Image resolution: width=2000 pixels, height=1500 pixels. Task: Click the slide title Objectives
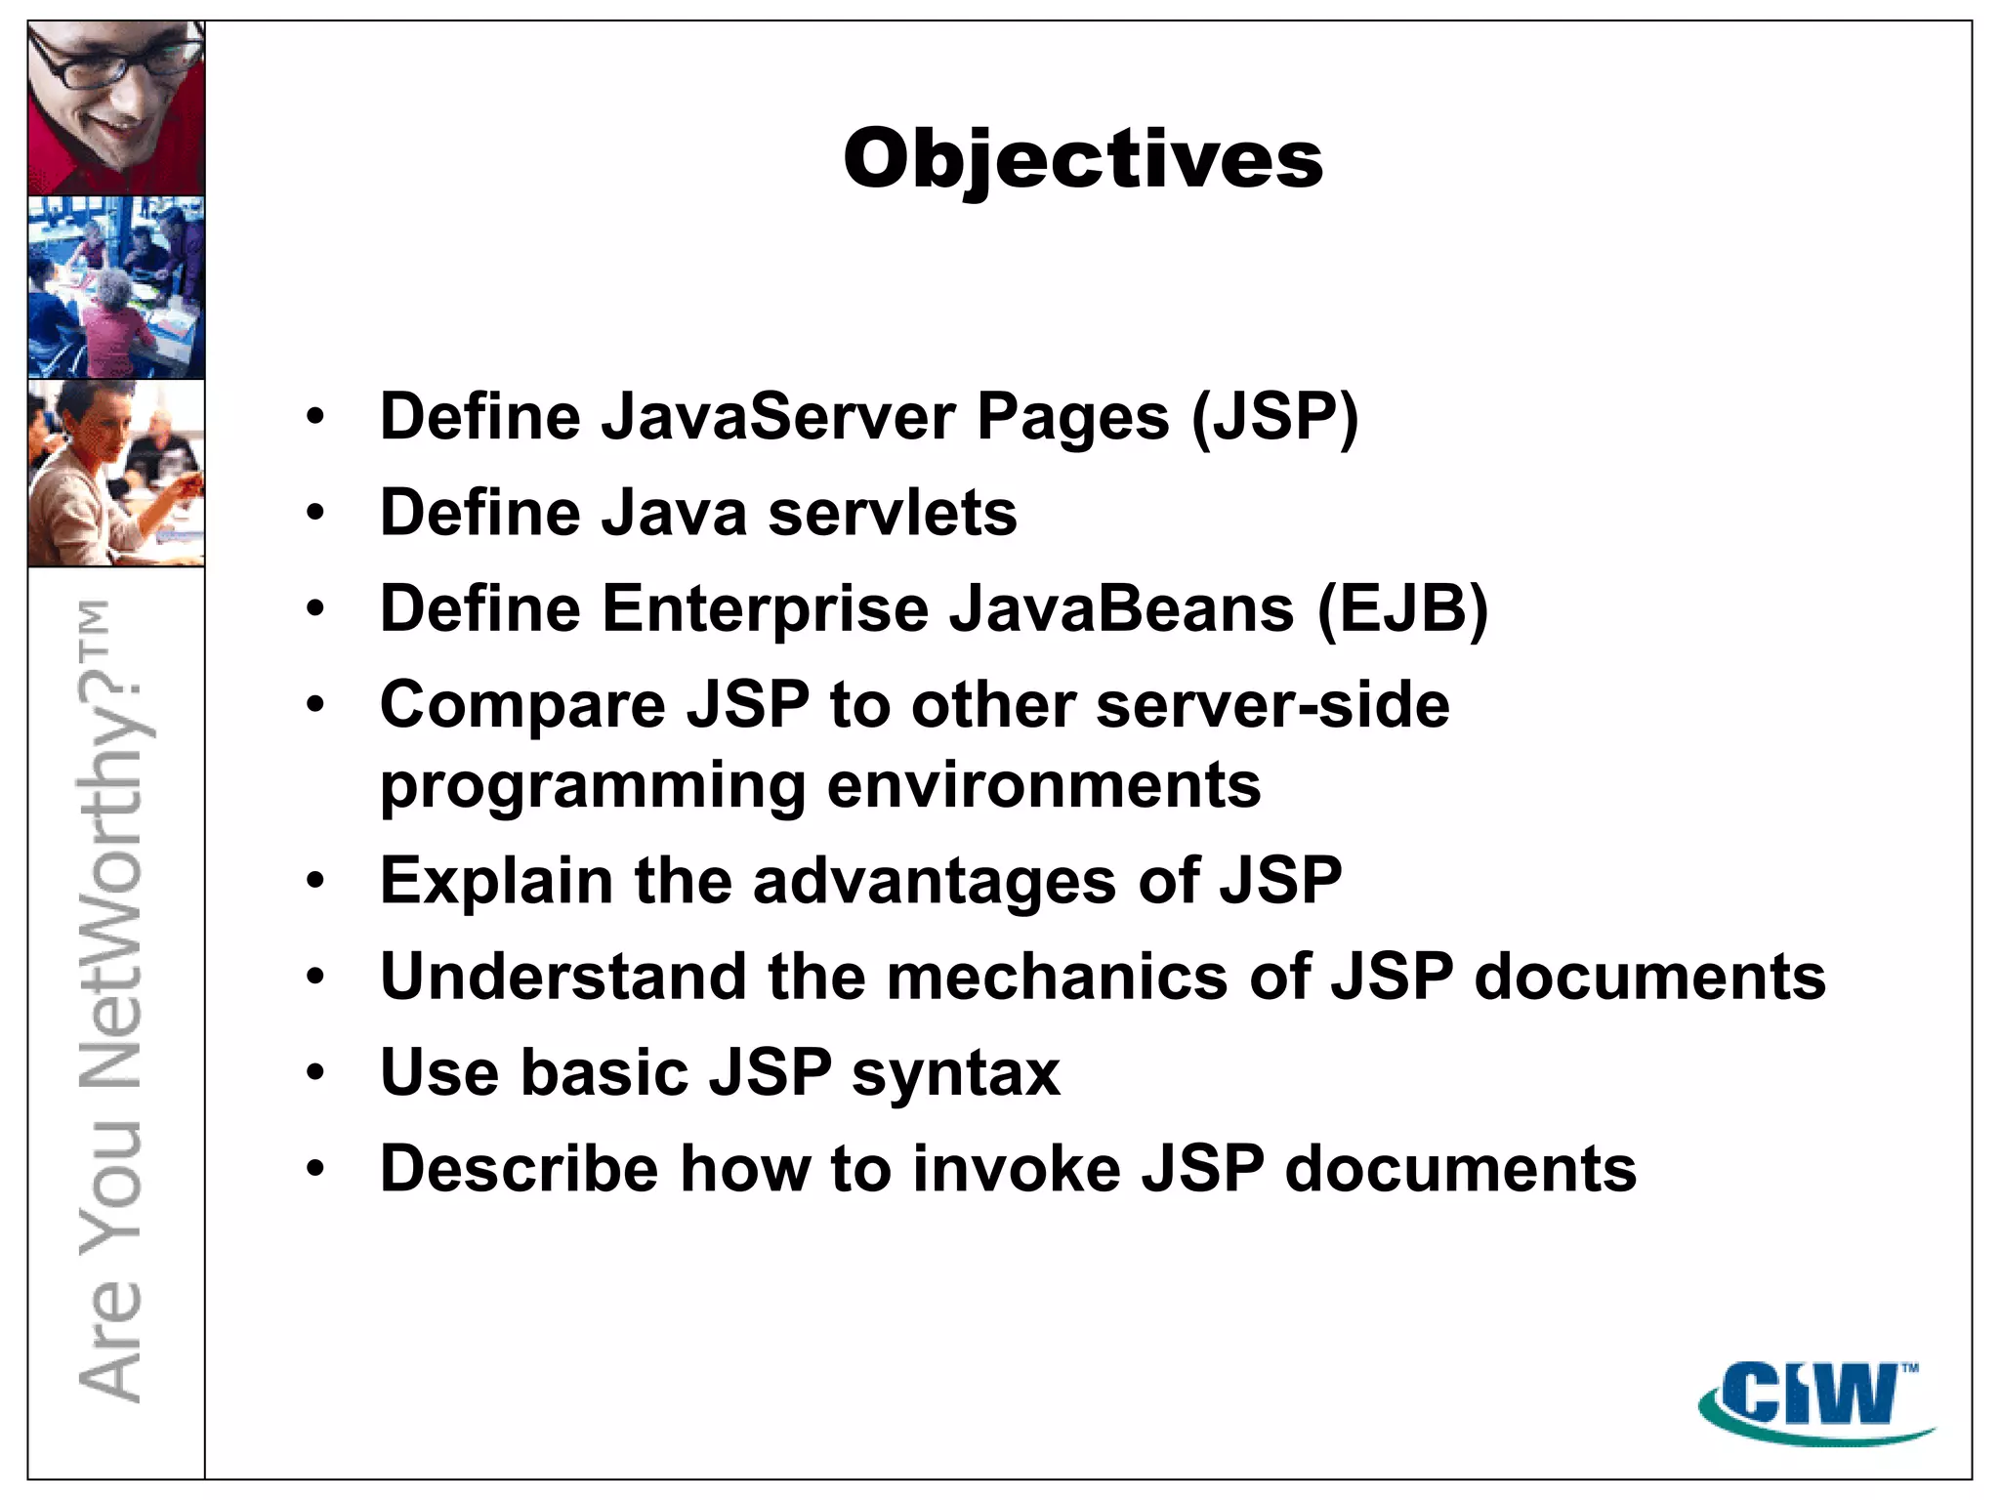(x=1083, y=159)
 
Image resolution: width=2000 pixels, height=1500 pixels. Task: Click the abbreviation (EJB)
(x=1402, y=609)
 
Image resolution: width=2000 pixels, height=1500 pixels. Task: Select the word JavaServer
(x=777, y=417)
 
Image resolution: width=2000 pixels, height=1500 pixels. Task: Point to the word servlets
(x=893, y=513)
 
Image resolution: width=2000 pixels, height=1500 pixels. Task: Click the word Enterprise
(x=765, y=609)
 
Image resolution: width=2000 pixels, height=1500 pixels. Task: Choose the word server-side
(x=1272, y=704)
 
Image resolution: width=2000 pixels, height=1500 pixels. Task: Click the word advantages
(x=935, y=880)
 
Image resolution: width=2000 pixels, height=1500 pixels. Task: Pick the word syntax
(x=956, y=1073)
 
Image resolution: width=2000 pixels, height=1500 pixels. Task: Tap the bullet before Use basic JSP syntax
(x=314, y=1073)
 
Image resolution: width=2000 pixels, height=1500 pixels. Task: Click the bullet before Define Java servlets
(x=314, y=513)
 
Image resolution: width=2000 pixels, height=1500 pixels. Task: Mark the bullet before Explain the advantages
(x=314, y=881)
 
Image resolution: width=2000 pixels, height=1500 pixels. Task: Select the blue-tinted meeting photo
(x=116, y=287)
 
